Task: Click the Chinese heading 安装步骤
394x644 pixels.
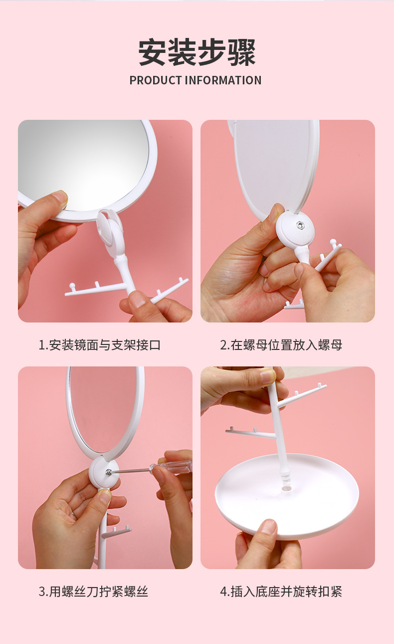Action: pos(197,52)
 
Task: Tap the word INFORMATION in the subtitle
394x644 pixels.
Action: pos(223,80)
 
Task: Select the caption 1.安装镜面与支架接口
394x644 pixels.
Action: pos(100,345)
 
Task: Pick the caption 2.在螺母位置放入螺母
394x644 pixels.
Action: pos(281,345)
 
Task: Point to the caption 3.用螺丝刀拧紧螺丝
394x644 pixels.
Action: pos(93,592)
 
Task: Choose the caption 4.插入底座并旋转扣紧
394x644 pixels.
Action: pos(281,592)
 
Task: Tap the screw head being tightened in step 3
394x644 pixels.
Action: pos(108,472)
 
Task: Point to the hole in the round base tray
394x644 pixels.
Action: pos(286,488)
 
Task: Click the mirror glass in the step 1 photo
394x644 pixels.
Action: pos(83,164)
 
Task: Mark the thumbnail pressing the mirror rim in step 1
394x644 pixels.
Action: pos(60,196)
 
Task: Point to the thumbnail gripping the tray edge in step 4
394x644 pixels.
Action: pos(268,527)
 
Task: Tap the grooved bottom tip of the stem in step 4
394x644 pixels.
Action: pos(285,477)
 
